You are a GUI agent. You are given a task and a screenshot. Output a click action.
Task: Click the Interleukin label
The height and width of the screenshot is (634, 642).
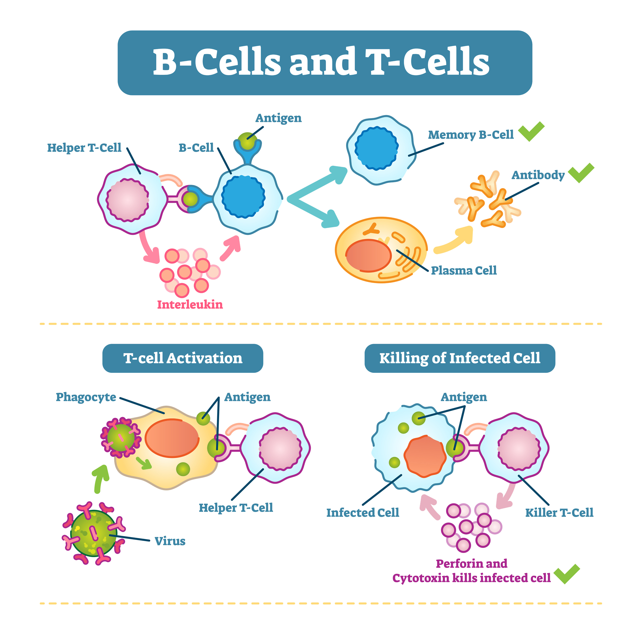[190, 304]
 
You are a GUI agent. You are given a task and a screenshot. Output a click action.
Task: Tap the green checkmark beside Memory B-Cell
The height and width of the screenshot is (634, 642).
[531, 132]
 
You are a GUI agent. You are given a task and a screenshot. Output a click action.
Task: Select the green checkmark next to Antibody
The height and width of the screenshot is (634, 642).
[581, 173]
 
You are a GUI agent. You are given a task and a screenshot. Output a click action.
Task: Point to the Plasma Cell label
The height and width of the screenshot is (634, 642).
[464, 271]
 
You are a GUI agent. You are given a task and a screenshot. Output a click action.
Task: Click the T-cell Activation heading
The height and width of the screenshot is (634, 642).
[183, 358]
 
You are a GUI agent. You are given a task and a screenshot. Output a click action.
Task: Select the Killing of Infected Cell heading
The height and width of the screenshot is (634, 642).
[460, 358]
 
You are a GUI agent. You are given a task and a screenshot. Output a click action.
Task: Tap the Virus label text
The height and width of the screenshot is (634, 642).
[170, 541]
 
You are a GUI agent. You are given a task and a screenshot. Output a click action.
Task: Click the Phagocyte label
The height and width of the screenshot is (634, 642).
[86, 397]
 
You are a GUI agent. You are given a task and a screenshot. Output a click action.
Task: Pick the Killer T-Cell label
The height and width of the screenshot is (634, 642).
[559, 513]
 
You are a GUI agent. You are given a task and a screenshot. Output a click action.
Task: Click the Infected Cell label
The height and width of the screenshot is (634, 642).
[363, 513]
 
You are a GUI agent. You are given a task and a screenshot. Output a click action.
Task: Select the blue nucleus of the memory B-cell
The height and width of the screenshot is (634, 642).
[376, 148]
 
